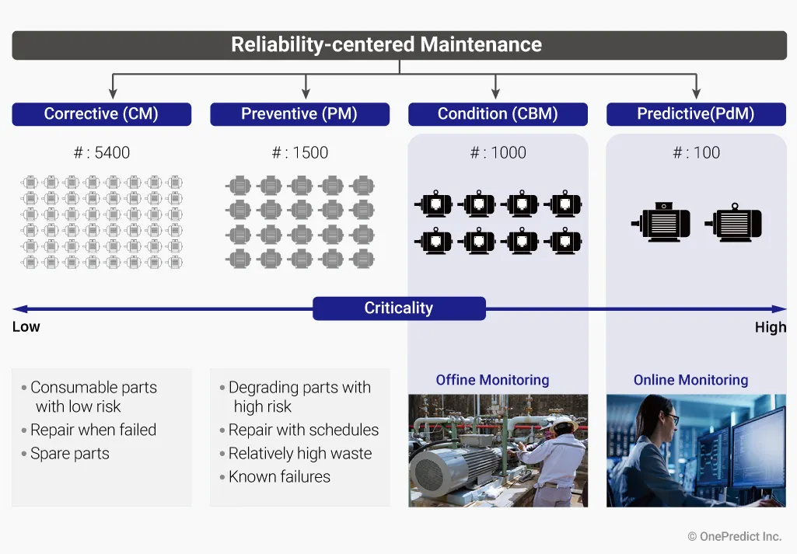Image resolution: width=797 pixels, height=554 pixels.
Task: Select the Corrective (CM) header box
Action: click(x=101, y=114)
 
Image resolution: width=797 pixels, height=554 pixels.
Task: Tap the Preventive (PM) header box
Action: click(x=299, y=114)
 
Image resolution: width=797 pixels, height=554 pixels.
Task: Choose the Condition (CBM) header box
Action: click(x=498, y=114)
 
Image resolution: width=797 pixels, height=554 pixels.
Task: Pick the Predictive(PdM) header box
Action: click(x=696, y=114)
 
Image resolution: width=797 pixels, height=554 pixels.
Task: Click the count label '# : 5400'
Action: click(x=102, y=153)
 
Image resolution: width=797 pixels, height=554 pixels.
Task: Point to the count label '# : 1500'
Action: click(x=300, y=153)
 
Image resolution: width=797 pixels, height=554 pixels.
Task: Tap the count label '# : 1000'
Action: click(x=498, y=153)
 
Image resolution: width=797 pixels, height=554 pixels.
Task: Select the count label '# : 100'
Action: click(x=697, y=153)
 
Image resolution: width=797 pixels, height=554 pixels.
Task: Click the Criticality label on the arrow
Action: click(x=399, y=308)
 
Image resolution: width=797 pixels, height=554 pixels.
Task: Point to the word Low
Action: click(x=26, y=327)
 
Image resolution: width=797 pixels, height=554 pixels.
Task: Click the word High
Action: click(x=771, y=328)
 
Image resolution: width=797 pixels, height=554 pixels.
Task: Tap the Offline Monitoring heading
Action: click(x=492, y=381)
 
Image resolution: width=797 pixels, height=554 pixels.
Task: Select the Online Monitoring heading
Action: click(x=690, y=381)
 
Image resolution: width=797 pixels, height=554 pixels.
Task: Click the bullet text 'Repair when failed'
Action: click(x=93, y=430)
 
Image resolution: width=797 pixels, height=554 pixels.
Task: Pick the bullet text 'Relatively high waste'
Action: click(x=300, y=454)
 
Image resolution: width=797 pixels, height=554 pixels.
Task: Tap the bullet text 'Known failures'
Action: click(x=279, y=477)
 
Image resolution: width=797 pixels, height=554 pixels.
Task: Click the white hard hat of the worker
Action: click(x=561, y=424)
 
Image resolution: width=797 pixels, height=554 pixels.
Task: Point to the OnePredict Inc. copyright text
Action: click(x=734, y=537)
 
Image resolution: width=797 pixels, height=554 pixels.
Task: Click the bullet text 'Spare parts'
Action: click(x=69, y=454)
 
